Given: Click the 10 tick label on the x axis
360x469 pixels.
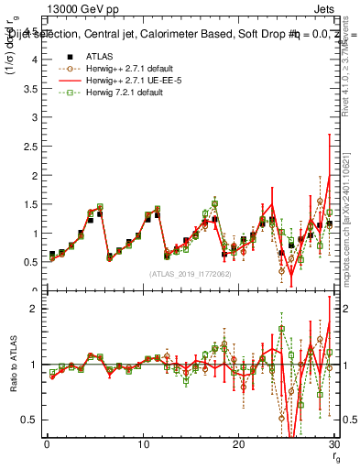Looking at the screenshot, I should point(143,444).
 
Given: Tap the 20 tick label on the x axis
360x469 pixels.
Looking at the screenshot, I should point(239,444).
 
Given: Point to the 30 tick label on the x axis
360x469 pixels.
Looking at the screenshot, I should point(334,444).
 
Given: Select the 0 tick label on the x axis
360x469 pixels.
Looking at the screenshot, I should point(47,444).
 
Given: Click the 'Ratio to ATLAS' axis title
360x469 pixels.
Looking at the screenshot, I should point(12,365).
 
